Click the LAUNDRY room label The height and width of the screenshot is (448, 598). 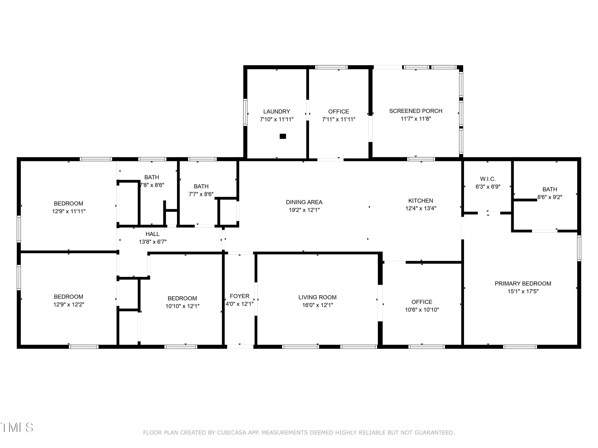pyautogui.click(x=276, y=112)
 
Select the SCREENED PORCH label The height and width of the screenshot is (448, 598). pyautogui.click(x=416, y=111)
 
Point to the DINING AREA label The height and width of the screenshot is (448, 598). pyautogui.click(x=304, y=202)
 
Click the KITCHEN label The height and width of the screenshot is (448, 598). pyautogui.click(x=420, y=201)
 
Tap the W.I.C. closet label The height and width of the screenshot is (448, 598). pyautogui.click(x=488, y=179)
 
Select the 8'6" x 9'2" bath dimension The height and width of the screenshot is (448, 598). pyautogui.click(x=549, y=197)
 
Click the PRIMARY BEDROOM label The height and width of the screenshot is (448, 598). pyautogui.click(x=523, y=284)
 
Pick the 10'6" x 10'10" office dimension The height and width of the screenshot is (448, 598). pyautogui.click(x=422, y=310)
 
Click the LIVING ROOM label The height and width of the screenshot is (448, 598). pyautogui.click(x=317, y=297)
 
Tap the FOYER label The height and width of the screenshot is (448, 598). pyautogui.click(x=240, y=296)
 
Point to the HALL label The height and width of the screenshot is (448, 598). pyautogui.click(x=152, y=234)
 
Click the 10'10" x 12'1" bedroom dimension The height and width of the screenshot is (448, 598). pyautogui.click(x=182, y=306)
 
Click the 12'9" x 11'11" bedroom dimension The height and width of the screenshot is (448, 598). pyautogui.click(x=69, y=211)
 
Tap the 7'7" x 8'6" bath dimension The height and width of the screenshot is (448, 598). pyautogui.click(x=201, y=194)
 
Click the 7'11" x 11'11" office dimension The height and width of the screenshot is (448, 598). pyautogui.click(x=338, y=119)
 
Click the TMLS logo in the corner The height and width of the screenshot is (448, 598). pyautogui.click(x=17, y=427)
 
